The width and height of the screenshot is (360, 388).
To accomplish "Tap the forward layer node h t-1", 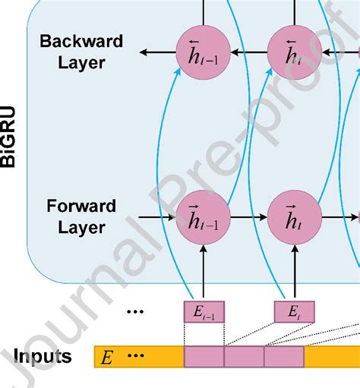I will coord(202,217).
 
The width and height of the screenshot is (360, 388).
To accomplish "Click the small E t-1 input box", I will coord(204,311).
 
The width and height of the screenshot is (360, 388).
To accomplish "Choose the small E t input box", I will coord(293,311).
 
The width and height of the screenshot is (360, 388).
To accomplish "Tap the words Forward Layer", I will coord(81,216).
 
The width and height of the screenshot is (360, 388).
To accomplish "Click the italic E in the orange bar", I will coord(107,357).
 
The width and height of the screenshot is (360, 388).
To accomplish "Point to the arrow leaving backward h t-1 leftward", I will coord(156,52).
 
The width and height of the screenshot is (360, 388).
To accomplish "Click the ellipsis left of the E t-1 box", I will coord(136,311).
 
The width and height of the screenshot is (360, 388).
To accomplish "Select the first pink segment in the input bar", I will coord(204,357).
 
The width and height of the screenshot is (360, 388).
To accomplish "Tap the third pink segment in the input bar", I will coord(283,357).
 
